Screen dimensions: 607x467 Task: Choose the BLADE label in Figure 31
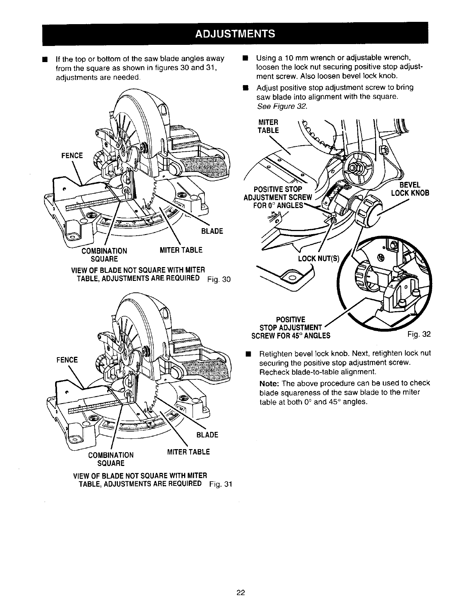[207, 435]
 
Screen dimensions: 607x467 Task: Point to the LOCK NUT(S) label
[318, 259]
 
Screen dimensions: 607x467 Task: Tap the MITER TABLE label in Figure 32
[269, 126]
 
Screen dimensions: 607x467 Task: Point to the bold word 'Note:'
[271, 383]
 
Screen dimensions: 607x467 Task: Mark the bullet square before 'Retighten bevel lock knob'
[248, 353]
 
